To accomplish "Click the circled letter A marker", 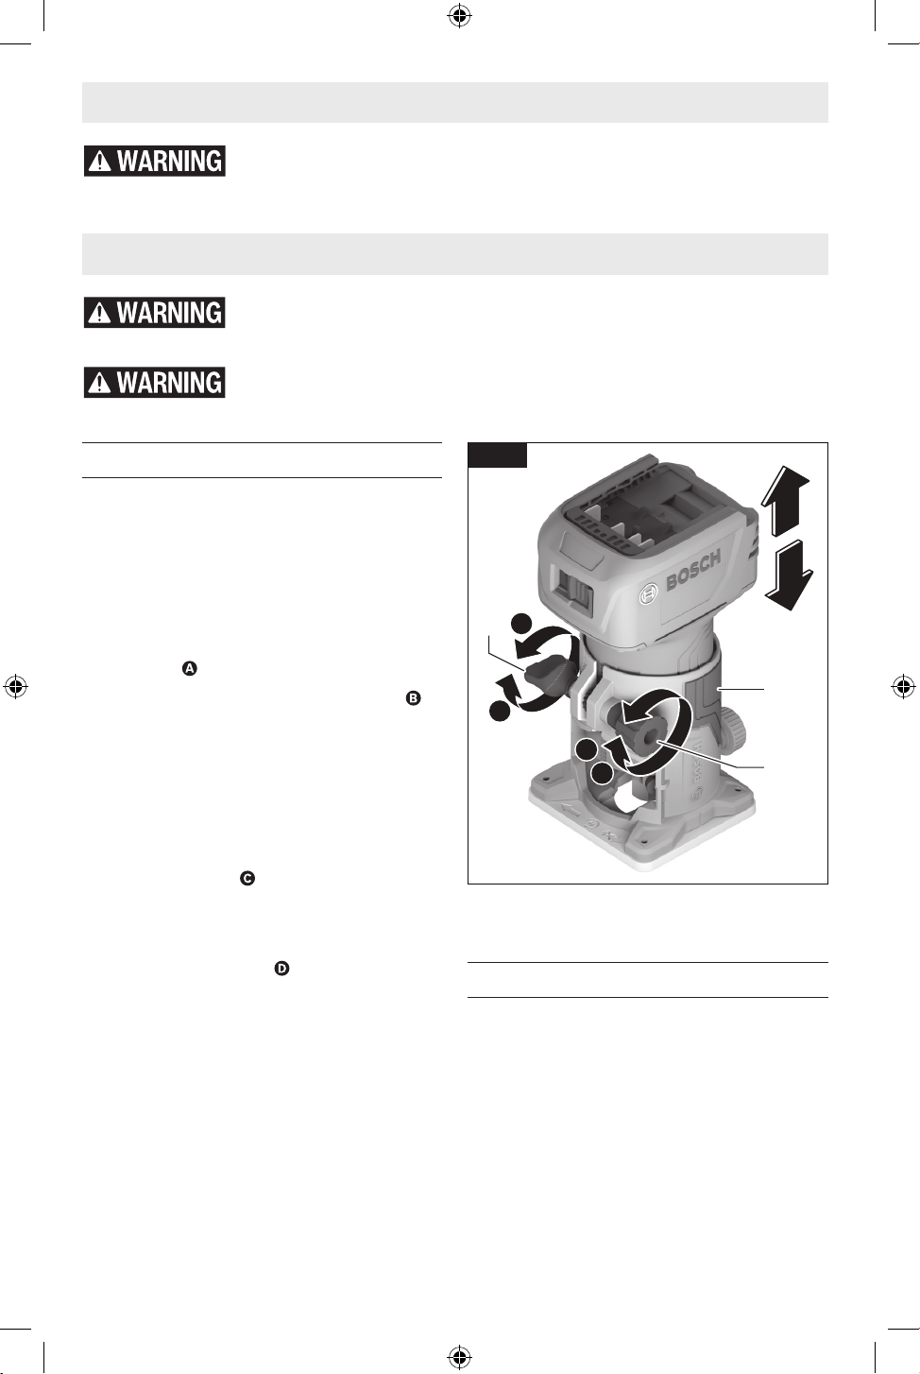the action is coord(190,669).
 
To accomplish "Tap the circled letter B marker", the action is coord(414,698).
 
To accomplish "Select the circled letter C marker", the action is coord(247,879).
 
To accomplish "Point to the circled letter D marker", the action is coord(281,969).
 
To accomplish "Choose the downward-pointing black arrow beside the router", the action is coord(788,575).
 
